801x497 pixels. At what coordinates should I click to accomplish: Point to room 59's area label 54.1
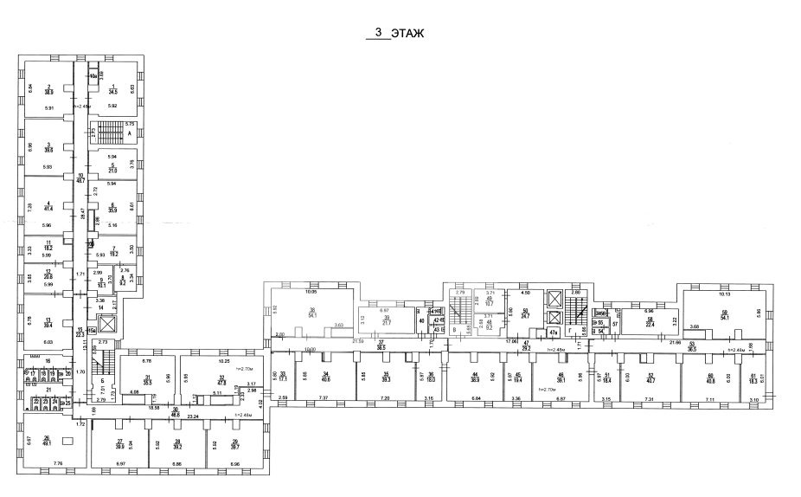[725, 318]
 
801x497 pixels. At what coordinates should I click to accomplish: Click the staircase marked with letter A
[110, 134]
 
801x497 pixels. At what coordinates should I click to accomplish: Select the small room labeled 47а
[553, 332]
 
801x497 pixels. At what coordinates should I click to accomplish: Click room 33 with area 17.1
[282, 377]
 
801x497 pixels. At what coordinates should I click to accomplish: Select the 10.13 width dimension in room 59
[725, 294]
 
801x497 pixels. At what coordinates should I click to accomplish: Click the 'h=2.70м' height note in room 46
[546, 390]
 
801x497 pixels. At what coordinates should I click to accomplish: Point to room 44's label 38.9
[475, 378]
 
